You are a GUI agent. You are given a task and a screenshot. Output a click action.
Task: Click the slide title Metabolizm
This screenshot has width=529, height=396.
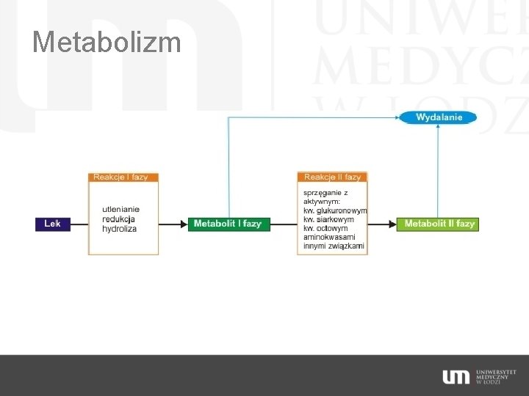[107, 42]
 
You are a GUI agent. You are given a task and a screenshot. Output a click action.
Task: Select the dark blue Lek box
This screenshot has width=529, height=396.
[53, 224]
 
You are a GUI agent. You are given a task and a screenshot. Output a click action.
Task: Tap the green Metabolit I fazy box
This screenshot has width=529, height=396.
[228, 224]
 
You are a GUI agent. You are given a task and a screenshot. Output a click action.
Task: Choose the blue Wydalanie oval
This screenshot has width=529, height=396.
[439, 117]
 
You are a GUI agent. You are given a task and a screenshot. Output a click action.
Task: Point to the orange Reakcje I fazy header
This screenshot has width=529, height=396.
[123, 177]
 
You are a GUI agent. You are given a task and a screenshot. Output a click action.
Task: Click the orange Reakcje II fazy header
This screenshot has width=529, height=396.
[332, 177]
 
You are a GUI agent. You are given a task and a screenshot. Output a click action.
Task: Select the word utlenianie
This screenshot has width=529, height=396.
[120, 209]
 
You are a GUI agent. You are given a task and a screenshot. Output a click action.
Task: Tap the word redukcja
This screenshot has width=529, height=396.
[118, 219]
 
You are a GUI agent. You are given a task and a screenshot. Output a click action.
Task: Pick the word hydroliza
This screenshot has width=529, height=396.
[119, 228]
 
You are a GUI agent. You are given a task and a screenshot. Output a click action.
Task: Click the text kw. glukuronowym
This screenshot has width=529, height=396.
[335, 210]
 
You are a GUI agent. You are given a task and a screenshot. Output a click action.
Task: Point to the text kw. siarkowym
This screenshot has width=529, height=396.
[328, 219]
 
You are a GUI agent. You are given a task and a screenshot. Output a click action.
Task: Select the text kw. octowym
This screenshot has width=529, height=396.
[325, 228]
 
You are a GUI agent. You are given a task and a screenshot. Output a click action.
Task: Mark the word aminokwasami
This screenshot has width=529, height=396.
[330, 237]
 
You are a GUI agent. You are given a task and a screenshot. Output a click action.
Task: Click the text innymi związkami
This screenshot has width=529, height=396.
[334, 246]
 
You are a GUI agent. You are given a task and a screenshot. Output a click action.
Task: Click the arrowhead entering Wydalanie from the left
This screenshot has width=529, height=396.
[397, 117]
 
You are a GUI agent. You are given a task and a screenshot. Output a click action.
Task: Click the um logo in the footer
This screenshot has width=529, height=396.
[456, 377]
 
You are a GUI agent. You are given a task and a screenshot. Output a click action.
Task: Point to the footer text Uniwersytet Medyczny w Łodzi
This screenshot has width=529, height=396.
[495, 377]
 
